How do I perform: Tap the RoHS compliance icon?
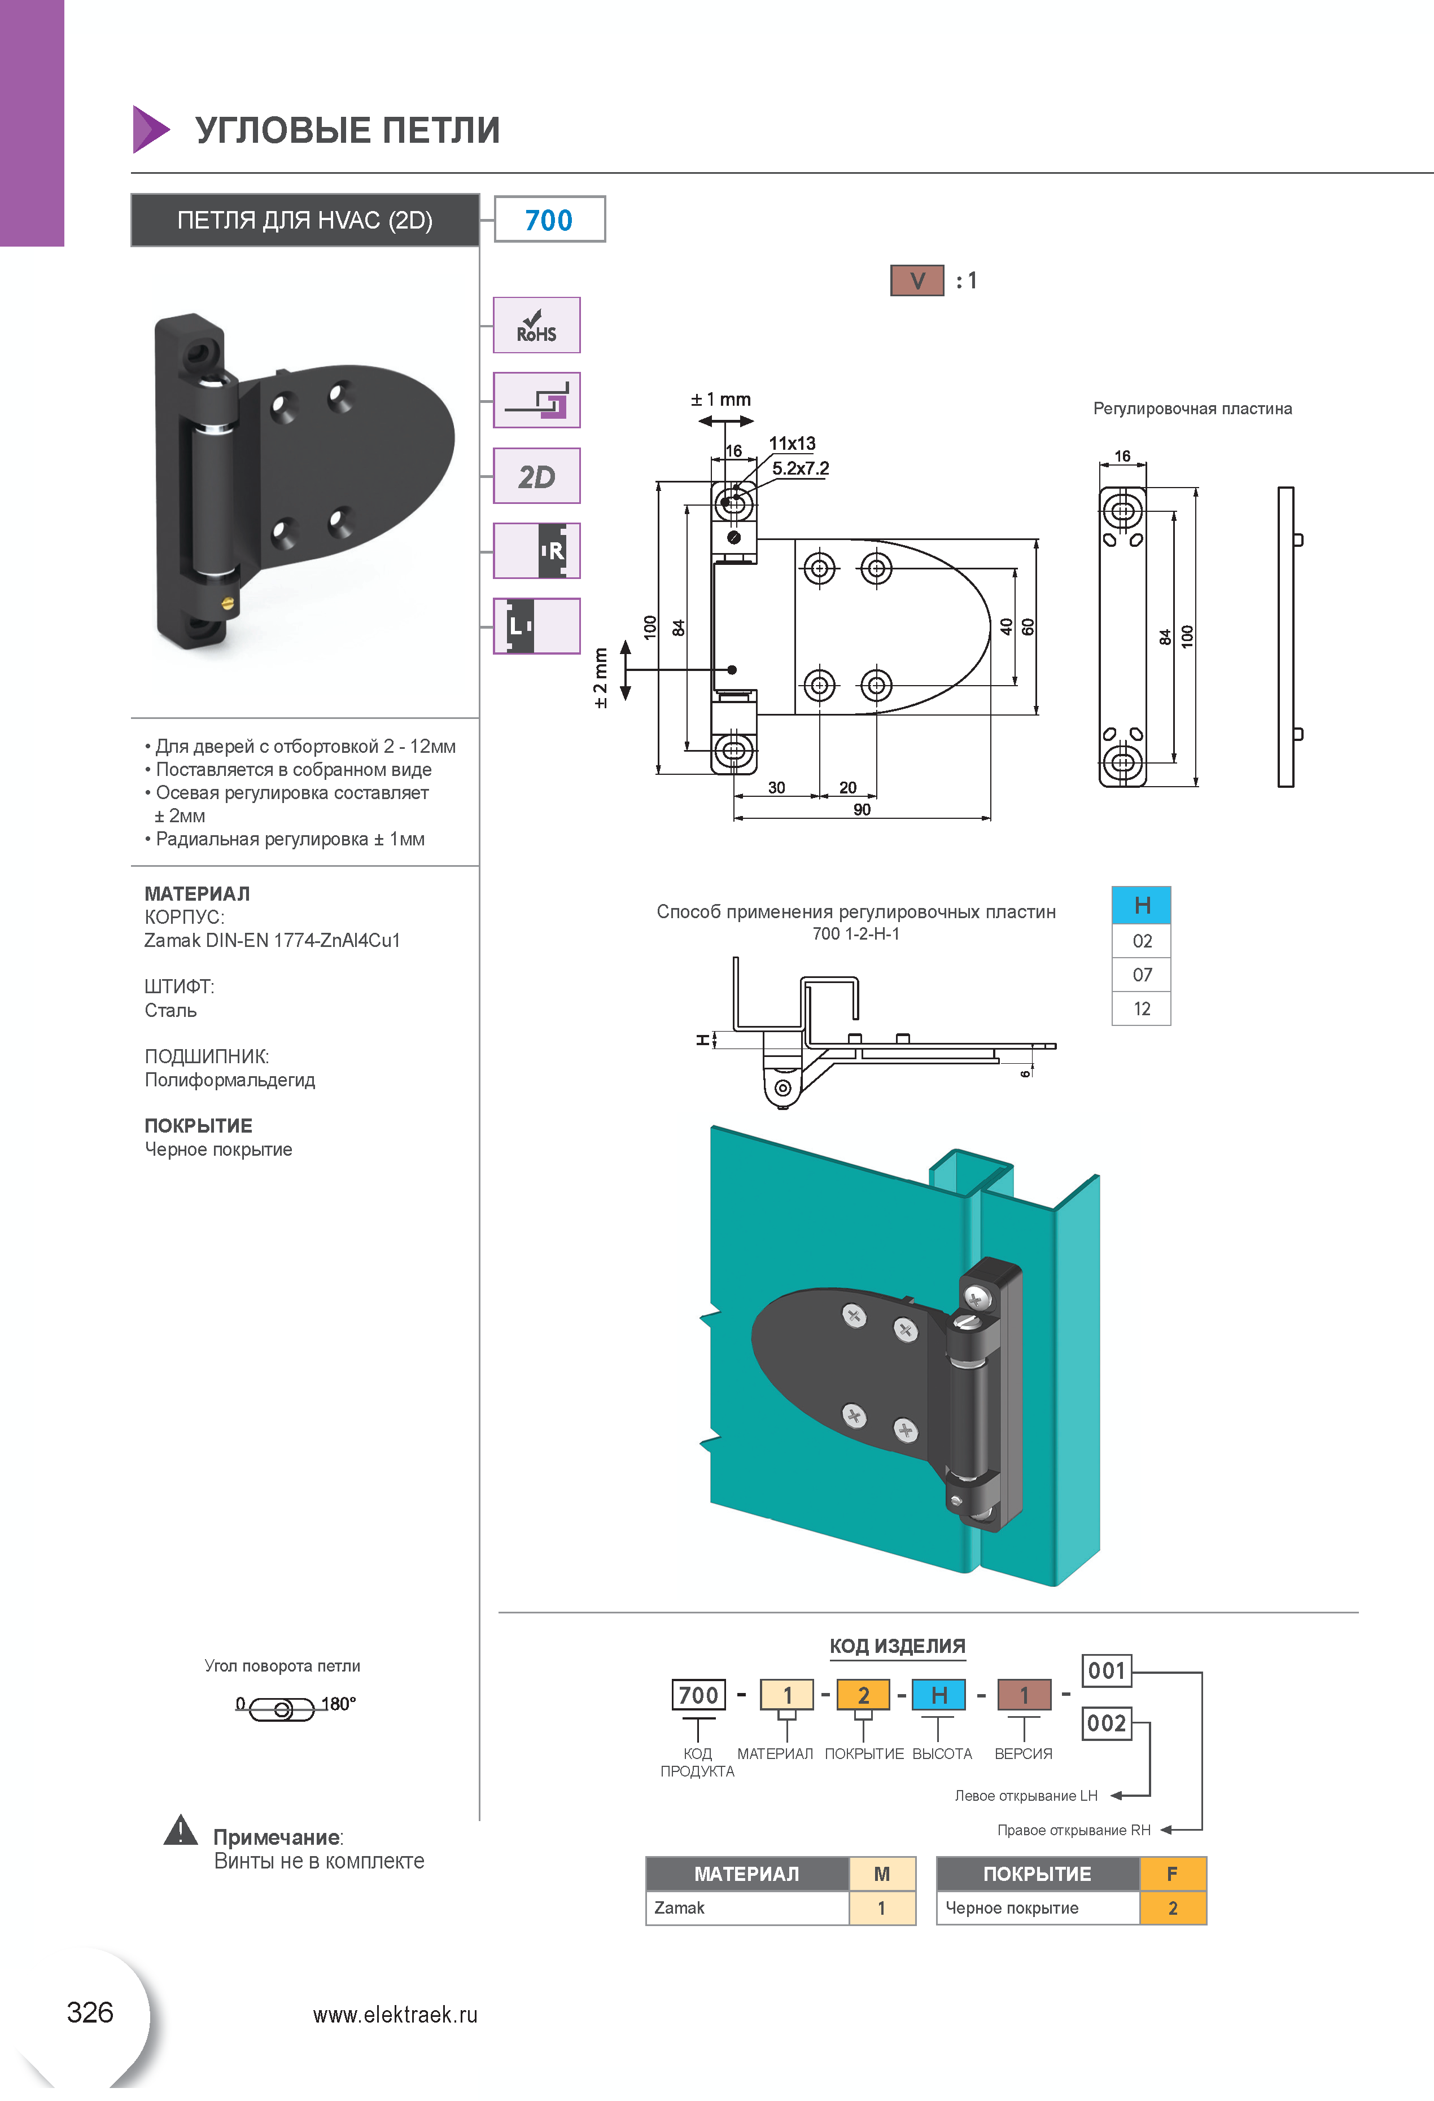pos(536,324)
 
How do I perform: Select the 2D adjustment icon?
pos(536,476)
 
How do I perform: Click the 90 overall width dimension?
pos(862,809)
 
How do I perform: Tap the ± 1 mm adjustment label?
pos(720,398)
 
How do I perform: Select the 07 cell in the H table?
pos(1142,975)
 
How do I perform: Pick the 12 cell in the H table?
pos(1142,1009)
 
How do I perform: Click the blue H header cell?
pos(1142,905)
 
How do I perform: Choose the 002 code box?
pos(1107,1723)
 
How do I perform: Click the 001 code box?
pos(1107,1670)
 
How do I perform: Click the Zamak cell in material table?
pos(747,1907)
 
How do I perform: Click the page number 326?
pos(90,2012)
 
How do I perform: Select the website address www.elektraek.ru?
pos(395,2014)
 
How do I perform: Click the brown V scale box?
pos(917,280)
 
